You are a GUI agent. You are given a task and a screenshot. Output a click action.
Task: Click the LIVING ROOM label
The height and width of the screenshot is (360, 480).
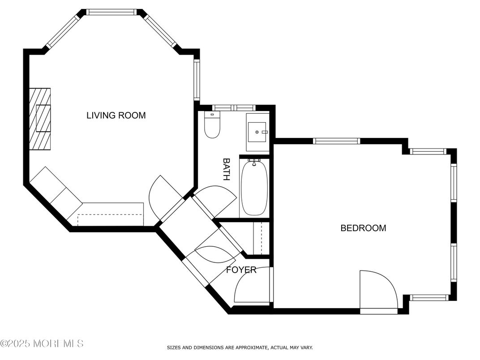point(116,116)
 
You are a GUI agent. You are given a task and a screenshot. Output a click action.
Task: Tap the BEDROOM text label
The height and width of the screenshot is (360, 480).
point(363,228)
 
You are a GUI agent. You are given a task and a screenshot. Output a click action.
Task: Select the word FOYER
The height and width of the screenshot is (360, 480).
point(241,270)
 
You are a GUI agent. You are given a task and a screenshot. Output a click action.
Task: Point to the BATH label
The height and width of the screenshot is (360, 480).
point(227,169)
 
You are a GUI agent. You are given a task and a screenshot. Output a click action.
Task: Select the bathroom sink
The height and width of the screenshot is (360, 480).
point(257,132)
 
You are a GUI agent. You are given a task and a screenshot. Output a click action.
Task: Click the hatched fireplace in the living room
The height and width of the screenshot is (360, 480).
point(40,119)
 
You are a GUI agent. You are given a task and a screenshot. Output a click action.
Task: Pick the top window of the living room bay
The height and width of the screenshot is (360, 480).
point(111,12)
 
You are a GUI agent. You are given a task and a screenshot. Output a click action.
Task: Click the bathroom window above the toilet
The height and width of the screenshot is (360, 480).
point(233,107)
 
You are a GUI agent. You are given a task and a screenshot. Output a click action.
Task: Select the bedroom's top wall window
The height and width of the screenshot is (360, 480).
point(336,141)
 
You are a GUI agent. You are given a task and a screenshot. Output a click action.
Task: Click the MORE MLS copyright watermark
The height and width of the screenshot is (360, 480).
point(42,344)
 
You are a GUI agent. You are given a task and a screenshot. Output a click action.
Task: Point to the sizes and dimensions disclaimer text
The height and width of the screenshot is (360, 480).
point(240,347)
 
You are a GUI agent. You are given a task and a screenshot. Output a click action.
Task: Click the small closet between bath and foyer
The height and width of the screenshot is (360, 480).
point(257,238)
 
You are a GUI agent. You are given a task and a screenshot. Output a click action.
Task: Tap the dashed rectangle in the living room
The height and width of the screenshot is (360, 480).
point(110,219)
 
